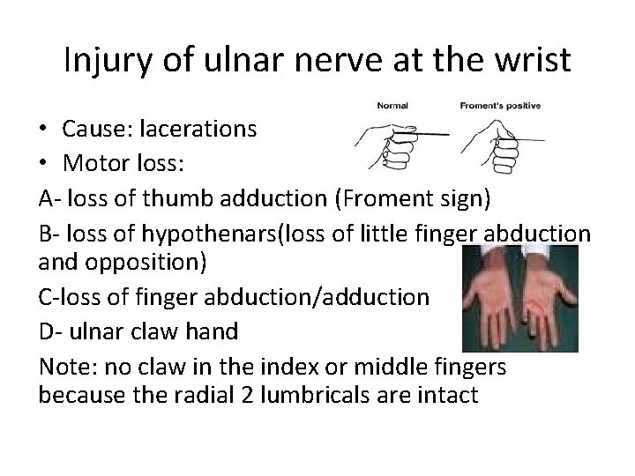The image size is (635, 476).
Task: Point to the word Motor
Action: click(x=95, y=163)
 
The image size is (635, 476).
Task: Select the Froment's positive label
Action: click(x=500, y=106)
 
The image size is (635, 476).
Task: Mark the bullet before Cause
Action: click(x=44, y=130)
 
